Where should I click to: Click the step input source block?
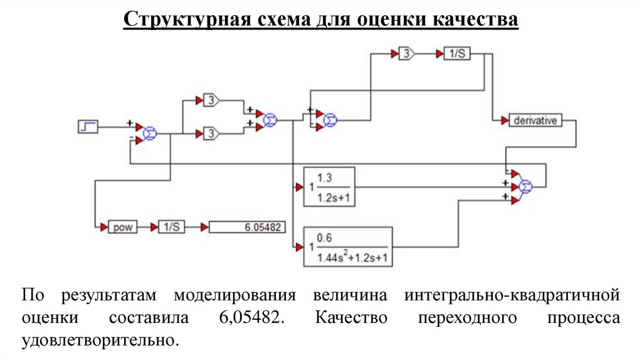[87, 127]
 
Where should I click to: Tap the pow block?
[122, 227]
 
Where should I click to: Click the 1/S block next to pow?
[171, 227]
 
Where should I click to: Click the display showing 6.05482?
[245, 227]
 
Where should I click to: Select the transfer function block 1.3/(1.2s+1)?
[329, 186]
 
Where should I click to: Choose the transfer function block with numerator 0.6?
[347, 246]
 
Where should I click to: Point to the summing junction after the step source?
[150, 132]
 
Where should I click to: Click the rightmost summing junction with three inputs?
[526, 185]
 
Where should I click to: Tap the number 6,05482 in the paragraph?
[251, 317]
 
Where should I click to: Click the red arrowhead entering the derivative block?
[504, 120]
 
